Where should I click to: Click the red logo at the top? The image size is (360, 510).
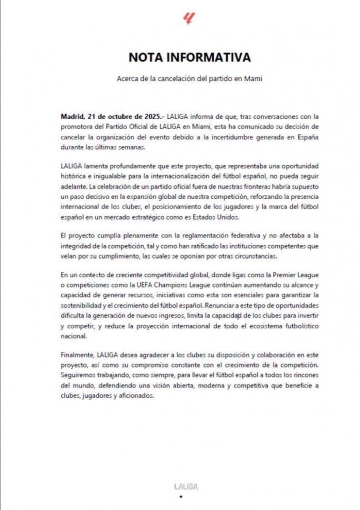189,19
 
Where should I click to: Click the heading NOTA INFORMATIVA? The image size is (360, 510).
189,57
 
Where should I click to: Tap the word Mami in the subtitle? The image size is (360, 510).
256,79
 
